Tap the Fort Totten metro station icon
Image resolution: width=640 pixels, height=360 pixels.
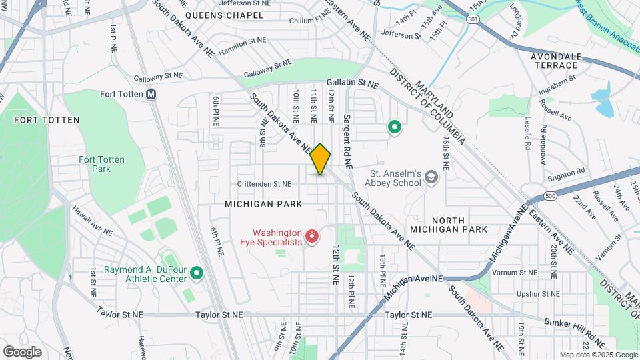[x=151, y=95]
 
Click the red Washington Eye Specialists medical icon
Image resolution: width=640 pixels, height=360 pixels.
[x=311, y=236]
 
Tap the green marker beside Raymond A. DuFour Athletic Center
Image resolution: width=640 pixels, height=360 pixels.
[x=196, y=273]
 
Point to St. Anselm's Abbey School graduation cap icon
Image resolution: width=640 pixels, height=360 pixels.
[x=431, y=177]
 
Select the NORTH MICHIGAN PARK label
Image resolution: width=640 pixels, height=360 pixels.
[x=459, y=225]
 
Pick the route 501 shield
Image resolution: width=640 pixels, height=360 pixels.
[x=473, y=21]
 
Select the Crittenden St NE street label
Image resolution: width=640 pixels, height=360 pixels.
[x=265, y=183]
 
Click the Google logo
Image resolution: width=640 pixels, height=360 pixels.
[x=22, y=351]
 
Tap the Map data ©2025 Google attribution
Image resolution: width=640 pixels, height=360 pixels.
[x=598, y=355]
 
